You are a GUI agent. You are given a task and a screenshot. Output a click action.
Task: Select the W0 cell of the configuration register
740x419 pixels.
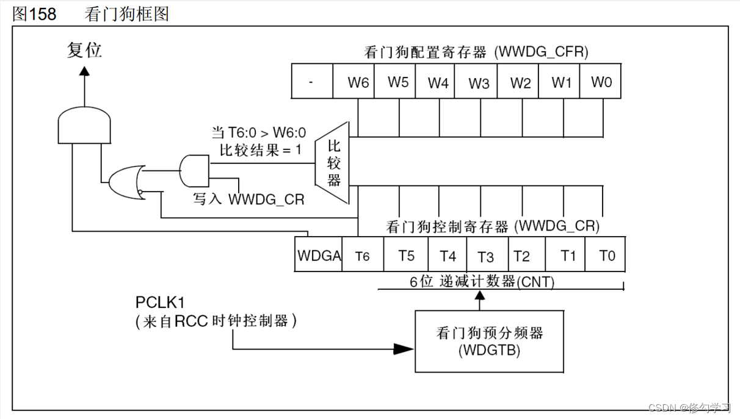601,82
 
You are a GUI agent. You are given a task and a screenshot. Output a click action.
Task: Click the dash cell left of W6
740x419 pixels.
312,82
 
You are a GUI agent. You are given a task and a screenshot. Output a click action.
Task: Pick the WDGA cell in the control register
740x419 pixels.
319,256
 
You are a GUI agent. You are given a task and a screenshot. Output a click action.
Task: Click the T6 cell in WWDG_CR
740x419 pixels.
363,256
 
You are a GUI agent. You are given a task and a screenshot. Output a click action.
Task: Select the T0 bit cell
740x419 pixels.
606,256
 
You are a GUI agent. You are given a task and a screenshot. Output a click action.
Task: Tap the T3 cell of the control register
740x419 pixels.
485,256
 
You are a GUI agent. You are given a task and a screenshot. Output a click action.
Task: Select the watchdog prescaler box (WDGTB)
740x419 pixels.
489,341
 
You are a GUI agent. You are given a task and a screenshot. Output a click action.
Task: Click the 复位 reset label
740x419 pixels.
84,50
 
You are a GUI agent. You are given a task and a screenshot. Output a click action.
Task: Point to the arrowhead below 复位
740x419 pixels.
84,71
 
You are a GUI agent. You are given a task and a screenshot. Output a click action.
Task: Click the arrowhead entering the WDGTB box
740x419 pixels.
404,349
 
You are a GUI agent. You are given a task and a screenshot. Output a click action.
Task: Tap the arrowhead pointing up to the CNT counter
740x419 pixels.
480,297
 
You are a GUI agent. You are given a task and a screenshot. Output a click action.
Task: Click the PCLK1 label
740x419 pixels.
160,303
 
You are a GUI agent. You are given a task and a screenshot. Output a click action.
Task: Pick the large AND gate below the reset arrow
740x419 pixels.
84,125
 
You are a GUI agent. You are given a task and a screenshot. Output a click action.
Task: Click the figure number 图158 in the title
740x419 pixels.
34,13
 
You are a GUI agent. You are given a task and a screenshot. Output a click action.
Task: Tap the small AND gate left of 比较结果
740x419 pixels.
194,170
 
